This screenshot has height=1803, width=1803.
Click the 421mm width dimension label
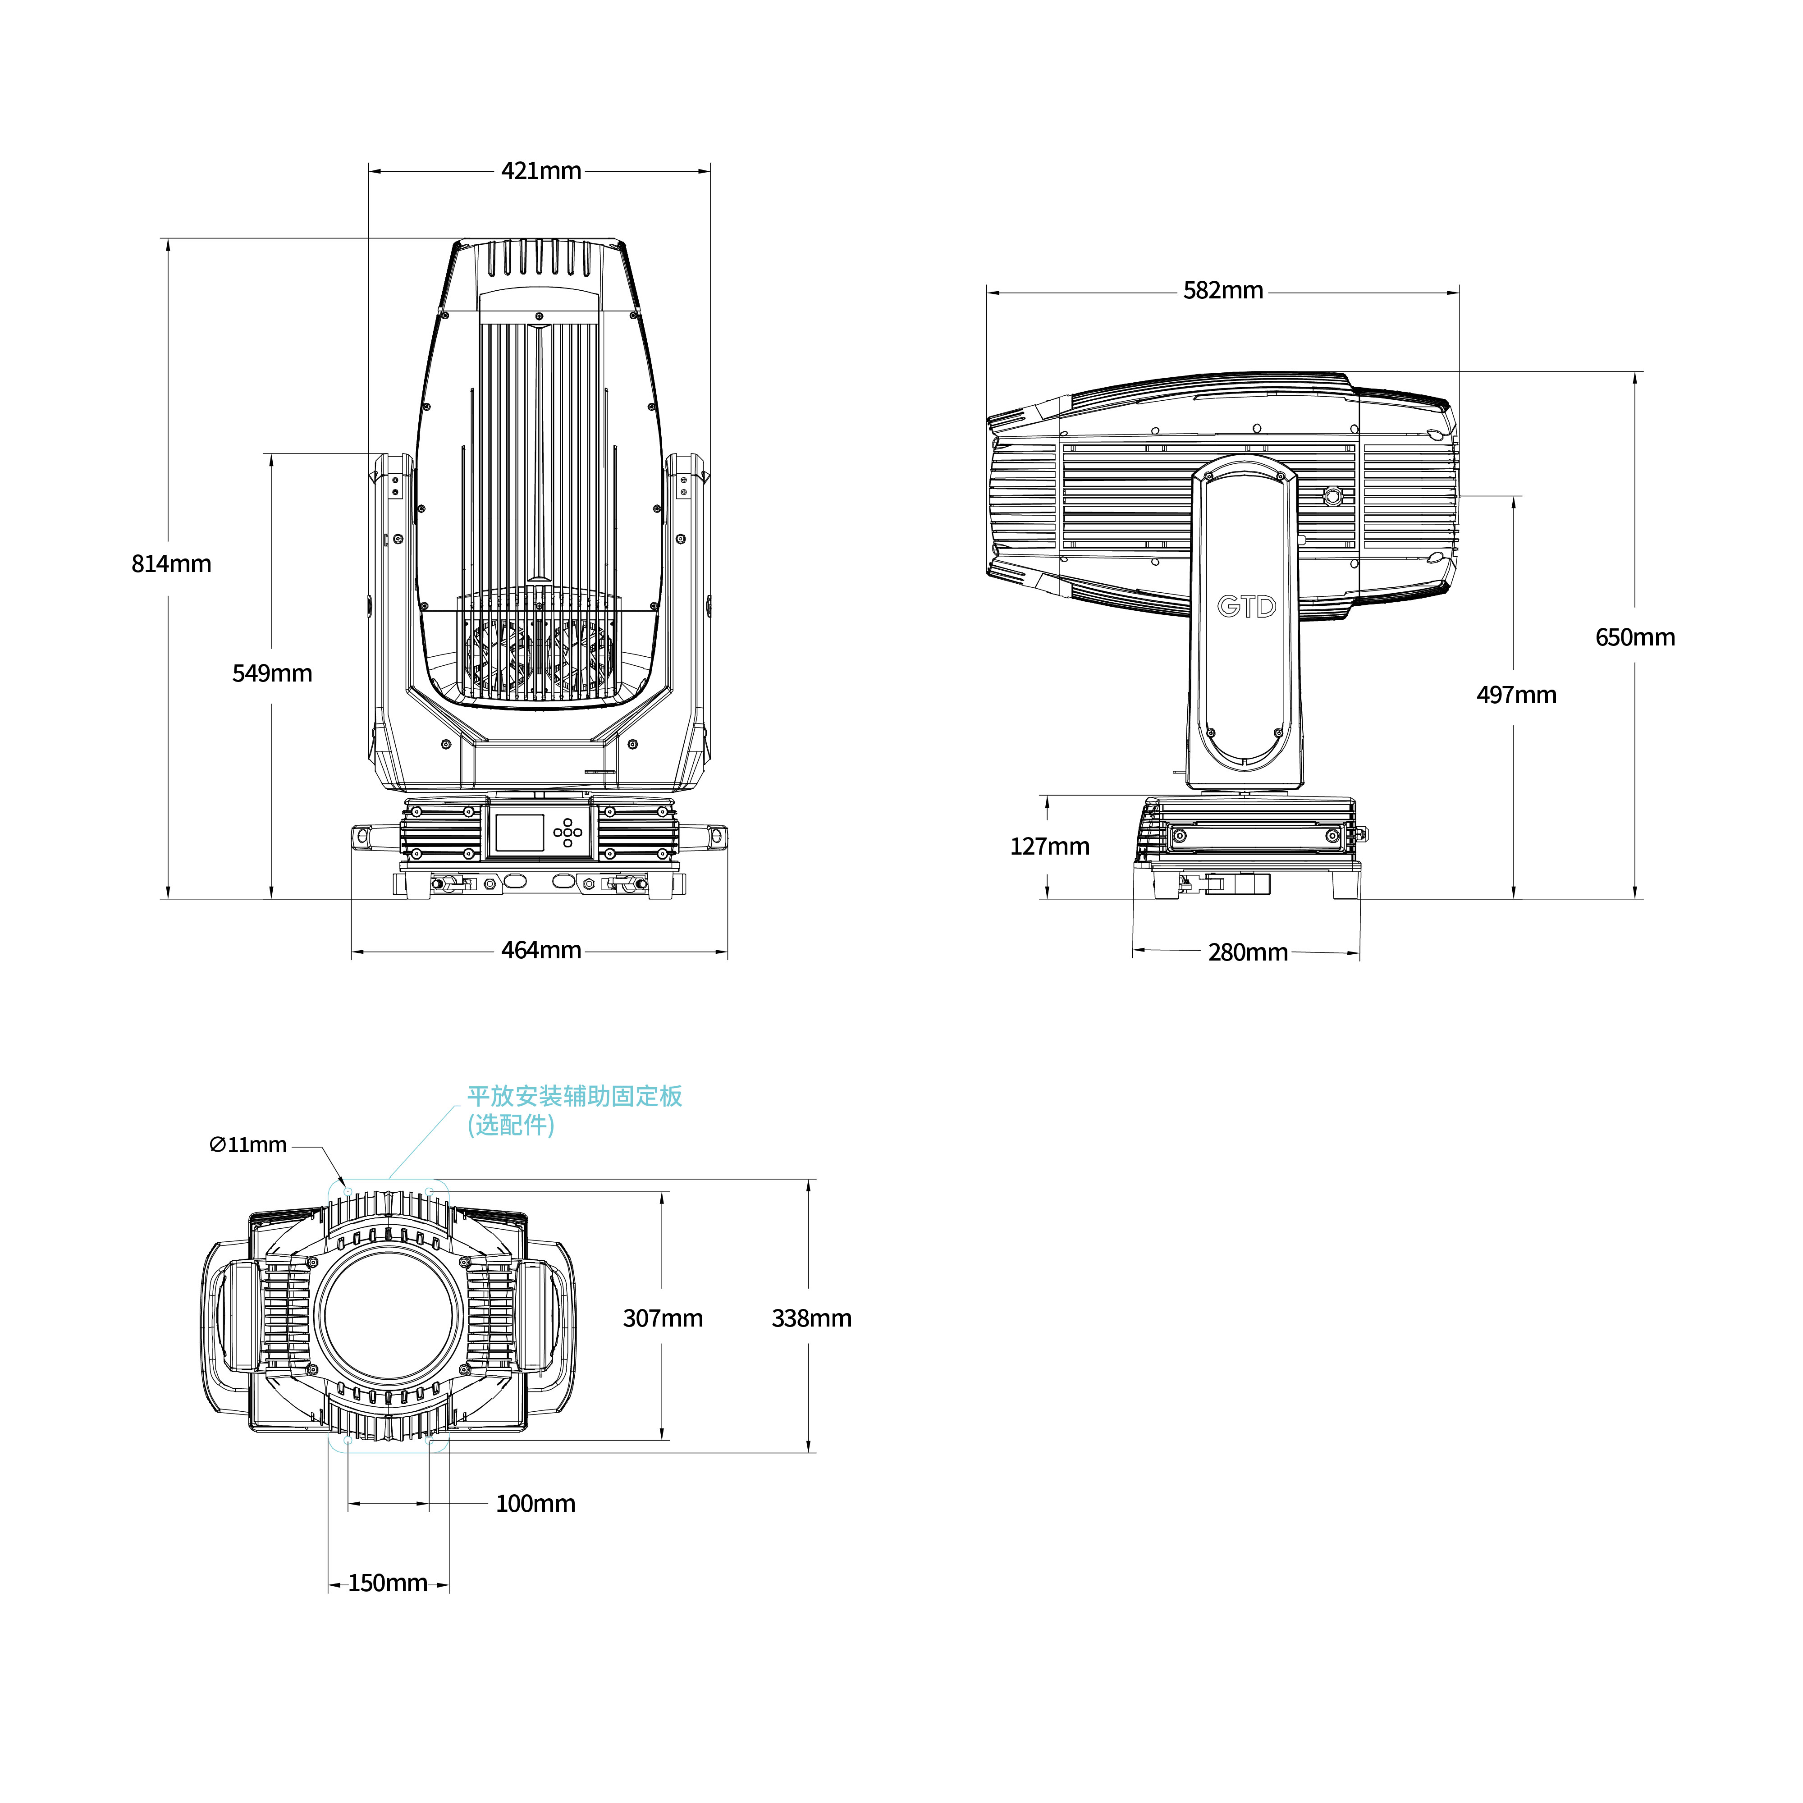[541, 171]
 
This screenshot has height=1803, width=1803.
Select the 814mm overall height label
[172, 564]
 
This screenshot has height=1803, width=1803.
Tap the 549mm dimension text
[273, 673]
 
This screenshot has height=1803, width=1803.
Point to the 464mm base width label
[541, 950]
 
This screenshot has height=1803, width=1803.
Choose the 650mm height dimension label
[1635, 637]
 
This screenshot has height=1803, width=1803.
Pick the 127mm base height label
[1050, 847]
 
